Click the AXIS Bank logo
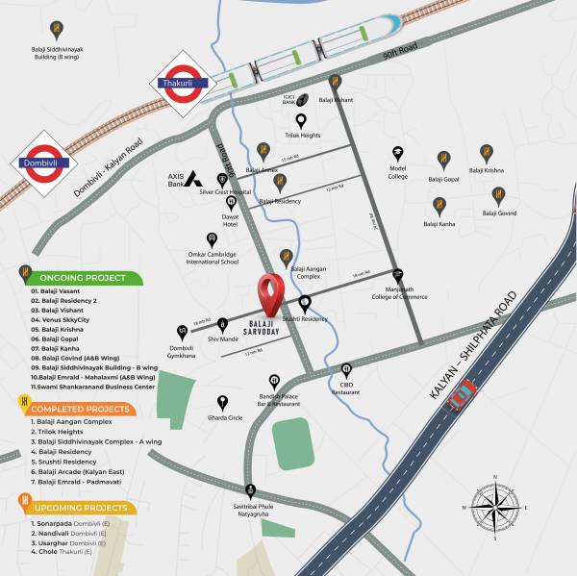pyautogui.click(x=193, y=178)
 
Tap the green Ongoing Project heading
pyautogui.click(x=82, y=278)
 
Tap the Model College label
pyautogui.click(x=398, y=173)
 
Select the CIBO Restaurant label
pyautogui.click(x=347, y=388)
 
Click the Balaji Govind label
pyautogui.click(x=499, y=213)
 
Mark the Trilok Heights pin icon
pyautogui.click(x=301, y=120)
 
